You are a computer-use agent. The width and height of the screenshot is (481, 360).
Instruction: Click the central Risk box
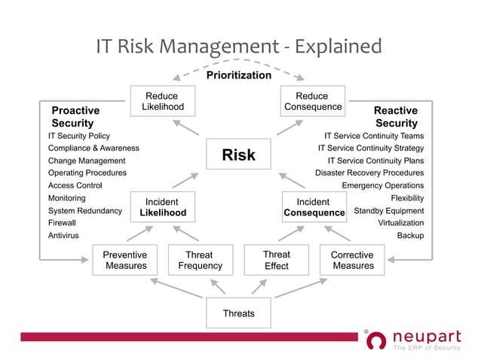click(238, 155)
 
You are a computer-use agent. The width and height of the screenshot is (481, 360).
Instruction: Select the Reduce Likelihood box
click(162, 102)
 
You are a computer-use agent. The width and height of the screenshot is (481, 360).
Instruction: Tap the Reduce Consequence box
click(312, 102)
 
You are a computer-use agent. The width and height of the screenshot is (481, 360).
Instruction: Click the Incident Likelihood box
click(163, 207)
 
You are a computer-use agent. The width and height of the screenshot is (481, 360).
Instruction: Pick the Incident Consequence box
click(314, 207)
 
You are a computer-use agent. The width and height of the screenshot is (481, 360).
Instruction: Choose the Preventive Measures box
click(126, 260)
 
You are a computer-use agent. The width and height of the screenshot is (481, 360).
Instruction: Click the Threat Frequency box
click(200, 260)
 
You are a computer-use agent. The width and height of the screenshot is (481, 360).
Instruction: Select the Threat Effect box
click(277, 260)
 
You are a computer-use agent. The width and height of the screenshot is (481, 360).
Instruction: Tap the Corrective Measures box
click(352, 260)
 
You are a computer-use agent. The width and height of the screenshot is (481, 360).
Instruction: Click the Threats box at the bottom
click(238, 313)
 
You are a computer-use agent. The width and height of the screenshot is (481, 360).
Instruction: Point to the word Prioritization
click(238, 75)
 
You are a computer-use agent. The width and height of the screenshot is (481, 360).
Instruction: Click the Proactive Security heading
click(75, 117)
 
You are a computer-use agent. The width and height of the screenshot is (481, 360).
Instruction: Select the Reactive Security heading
click(396, 117)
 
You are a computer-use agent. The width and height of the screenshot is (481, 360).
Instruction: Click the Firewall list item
click(62, 223)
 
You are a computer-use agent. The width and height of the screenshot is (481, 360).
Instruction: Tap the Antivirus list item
click(63, 236)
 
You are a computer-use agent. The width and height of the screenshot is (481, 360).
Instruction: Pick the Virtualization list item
click(400, 223)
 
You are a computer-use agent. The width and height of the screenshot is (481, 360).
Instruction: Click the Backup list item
click(410, 236)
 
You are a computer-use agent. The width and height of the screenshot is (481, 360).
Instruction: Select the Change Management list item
click(87, 160)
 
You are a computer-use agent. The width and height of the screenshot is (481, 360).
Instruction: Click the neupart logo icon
click(375, 340)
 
